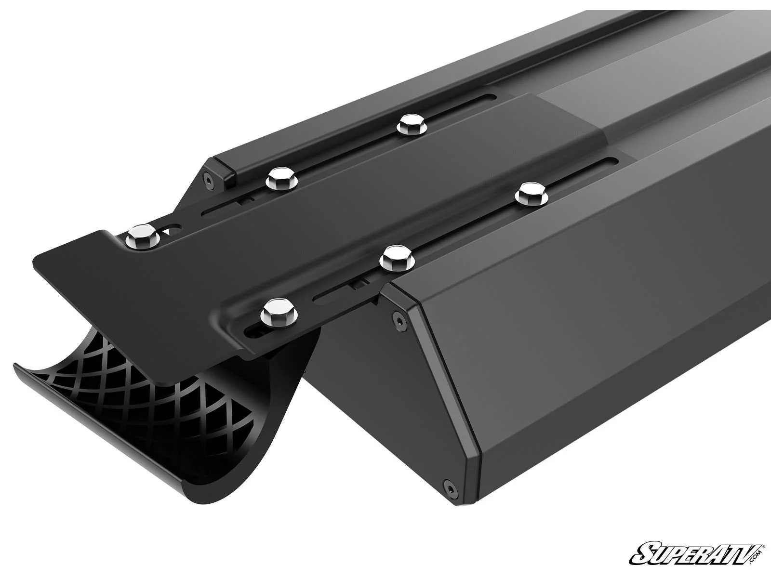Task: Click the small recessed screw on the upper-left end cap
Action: pos(207,180)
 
